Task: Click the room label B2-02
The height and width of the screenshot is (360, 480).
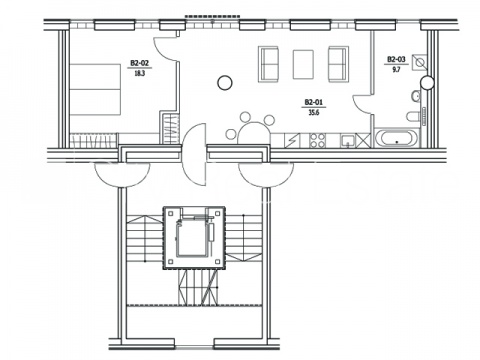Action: (139, 63)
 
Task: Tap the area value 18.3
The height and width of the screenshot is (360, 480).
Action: (140, 73)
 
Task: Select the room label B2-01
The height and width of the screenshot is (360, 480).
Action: (314, 102)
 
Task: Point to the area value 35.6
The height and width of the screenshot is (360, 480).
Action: (314, 113)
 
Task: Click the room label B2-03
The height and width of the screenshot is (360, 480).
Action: (396, 59)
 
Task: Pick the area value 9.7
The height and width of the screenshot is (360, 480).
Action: (396, 70)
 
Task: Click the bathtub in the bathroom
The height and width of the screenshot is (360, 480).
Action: (397, 139)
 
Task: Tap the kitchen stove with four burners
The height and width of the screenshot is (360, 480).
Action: (317, 140)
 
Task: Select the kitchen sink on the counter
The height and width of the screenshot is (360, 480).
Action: (348, 141)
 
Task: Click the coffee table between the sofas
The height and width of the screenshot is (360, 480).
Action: (303, 64)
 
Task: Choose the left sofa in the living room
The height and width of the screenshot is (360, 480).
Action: (268, 64)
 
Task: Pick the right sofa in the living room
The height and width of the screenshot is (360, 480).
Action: (339, 64)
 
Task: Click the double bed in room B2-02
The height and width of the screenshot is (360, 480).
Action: (95, 89)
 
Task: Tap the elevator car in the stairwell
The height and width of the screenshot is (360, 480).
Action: (193, 238)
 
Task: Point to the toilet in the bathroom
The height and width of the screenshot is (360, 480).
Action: (413, 117)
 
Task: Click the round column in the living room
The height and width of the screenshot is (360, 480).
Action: (225, 82)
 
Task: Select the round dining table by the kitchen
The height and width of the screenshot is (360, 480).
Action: (254, 133)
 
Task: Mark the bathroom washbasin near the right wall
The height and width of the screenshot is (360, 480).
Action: (416, 96)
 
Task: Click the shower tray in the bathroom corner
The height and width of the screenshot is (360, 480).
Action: (419, 62)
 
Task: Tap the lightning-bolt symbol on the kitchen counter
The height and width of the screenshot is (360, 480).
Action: (292, 140)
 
